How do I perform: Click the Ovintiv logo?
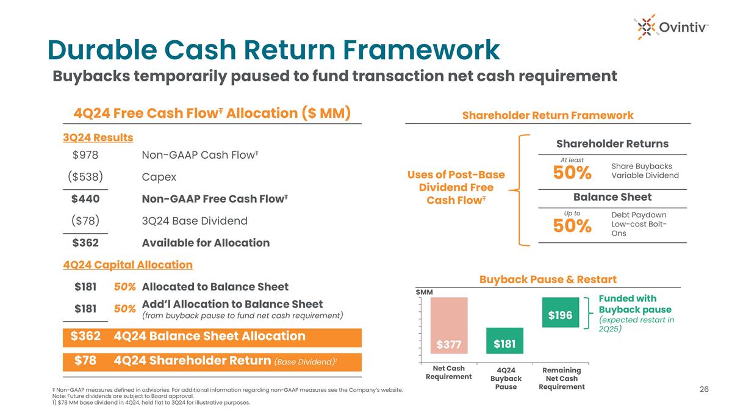[671, 27]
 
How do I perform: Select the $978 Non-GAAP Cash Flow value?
[85, 155]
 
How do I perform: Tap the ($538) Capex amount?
[85, 177]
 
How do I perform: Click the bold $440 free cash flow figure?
[85, 199]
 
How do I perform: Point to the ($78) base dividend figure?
[85, 221]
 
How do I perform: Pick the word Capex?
[159, 177]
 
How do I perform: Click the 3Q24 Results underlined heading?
[98, 137]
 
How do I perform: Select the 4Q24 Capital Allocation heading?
[127, 264]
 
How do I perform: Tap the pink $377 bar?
[449, 325]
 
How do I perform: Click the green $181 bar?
[504, 341]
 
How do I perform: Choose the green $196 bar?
[561, 313]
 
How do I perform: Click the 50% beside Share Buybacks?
[572, 173]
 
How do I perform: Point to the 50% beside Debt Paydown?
[572, 226]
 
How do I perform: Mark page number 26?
[704, 389]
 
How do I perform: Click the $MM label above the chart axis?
[424, 292]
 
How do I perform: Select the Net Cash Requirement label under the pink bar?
[449, 372]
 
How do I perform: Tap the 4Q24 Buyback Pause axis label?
[506, 378]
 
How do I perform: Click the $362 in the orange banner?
[85, 336]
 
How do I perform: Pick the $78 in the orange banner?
[85, 360]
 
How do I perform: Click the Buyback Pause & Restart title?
[548, 280]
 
